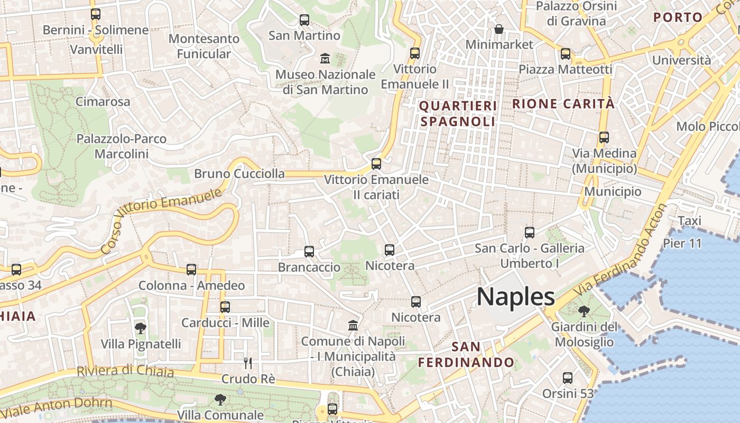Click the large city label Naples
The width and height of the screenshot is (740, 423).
coord(516,297)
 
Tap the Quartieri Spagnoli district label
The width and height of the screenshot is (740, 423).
coord(458,114)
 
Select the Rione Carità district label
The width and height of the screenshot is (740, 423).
coord(563,104)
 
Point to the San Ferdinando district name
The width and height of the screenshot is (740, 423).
coord(466,354)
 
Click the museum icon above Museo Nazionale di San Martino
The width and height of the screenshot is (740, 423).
coord(325,57)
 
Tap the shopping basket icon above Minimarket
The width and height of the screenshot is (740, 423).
coord(498,29)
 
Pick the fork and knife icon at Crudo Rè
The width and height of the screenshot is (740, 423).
coord(248,363)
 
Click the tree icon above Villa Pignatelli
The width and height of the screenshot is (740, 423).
coord(141,328)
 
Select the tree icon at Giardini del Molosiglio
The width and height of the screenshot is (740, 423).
coord(584,311)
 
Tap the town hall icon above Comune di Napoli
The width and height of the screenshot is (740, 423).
coord(353,325)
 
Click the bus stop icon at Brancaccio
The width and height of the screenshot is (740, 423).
coord(309,252)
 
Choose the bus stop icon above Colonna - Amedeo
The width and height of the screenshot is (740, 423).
coord(191,270)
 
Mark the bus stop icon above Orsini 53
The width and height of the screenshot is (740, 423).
coord(568,378)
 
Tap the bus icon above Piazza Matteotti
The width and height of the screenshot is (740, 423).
coord(566,53)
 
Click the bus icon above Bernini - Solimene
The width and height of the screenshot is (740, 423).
coord(96,14)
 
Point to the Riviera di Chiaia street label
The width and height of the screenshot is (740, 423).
coord(125,371)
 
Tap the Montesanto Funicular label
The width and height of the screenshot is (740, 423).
coord(203,46)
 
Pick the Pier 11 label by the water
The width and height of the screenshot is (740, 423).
coord(682,243)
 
